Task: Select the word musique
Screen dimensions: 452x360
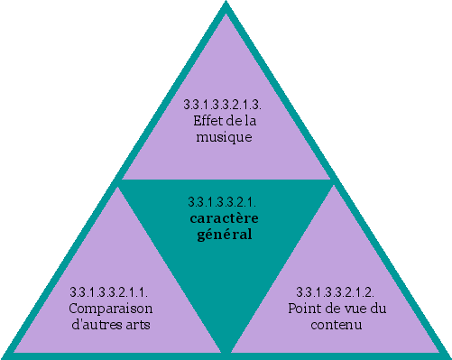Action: [x=223, y=138]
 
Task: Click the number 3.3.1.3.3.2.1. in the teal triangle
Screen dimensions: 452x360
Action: [x=222, y=201]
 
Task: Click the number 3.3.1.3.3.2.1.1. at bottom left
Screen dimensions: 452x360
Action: [x=109, y=291]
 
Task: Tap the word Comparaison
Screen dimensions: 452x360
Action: [x=109, y=308]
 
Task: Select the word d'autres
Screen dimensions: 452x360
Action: [x=96, y=324]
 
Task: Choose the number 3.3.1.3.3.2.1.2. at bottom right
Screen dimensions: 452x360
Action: [x=337, y=291]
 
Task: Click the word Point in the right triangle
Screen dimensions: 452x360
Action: [x=304, y=308]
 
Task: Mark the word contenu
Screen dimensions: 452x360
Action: [x=337, y=324]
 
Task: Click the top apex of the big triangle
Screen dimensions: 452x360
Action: [x=226, y=5]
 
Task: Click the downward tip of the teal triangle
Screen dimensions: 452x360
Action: [x=226, y=350]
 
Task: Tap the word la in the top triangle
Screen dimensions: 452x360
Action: [x=249, y=122]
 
